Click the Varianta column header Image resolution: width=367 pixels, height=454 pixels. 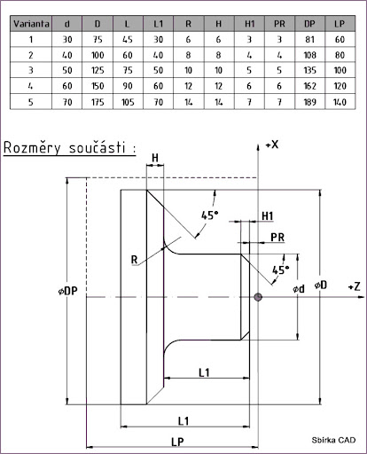31,24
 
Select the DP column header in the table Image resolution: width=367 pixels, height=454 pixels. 309,24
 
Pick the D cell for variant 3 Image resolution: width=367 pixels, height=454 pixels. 98,70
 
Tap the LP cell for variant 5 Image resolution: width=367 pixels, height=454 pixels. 340,102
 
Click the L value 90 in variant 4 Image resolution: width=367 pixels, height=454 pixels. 128,86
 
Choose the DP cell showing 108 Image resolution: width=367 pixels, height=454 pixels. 309,55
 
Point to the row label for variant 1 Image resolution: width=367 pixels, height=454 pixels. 31,39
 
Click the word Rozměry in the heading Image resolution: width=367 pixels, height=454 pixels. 32,148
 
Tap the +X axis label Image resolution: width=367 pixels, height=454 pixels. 272,145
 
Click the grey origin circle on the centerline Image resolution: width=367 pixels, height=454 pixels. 258,297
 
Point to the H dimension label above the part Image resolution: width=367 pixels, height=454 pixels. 155,158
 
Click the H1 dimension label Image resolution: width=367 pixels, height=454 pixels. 268,216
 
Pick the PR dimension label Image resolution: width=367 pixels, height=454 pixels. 277,237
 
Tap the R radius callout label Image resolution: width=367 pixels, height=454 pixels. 134,260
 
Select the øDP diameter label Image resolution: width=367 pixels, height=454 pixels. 68,291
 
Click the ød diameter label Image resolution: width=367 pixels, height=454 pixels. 299,288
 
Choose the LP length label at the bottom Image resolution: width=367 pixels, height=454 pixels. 177,442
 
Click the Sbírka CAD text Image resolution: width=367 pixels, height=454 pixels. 333,440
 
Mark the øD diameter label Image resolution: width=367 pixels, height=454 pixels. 321,285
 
